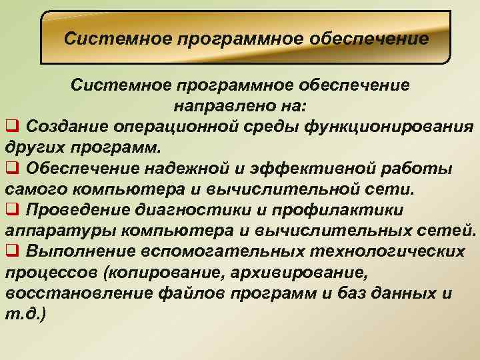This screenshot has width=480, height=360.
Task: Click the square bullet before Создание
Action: tap(11, 125)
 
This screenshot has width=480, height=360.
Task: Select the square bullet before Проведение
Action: tap(11, 209)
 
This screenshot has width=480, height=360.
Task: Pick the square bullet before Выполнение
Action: tap(11, 251)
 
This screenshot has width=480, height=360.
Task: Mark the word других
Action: tap(32, 147)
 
